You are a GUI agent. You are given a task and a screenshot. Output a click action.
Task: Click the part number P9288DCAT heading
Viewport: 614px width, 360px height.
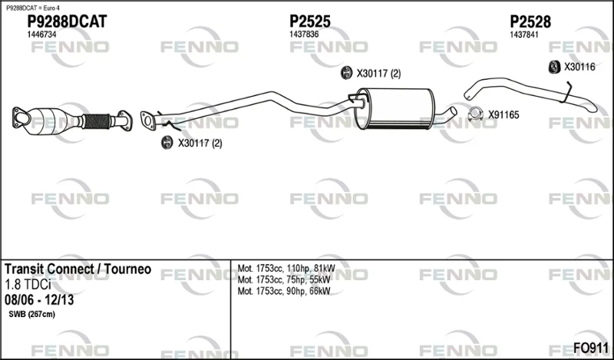point(67,21)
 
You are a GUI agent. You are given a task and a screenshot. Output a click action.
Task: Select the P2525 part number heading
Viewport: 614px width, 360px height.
point(310,21)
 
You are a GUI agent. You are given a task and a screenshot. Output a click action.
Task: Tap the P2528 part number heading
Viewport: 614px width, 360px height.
point(530,21)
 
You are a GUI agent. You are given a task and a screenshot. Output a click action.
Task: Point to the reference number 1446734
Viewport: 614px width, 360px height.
point(41,35)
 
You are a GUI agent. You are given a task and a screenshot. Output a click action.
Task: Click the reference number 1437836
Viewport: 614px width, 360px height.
point(304,35)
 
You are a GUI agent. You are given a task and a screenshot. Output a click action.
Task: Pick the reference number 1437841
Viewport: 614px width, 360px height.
point(524,35)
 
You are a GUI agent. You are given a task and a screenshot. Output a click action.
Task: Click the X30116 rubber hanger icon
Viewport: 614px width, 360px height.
point(554,67)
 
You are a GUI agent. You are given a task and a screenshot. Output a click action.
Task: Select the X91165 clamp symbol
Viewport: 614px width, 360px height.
point(475,113)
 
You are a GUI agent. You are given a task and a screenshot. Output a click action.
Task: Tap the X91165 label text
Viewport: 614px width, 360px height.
point(503,115)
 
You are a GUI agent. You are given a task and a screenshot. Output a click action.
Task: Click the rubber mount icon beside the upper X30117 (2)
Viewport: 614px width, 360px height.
point(346,73)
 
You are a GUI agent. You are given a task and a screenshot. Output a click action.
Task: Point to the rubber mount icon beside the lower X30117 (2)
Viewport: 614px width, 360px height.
point(167,143)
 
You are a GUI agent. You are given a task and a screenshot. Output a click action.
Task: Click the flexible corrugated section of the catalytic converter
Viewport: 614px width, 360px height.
point(97,121)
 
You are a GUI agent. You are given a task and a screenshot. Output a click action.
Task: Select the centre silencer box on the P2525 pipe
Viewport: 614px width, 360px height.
point(394,109)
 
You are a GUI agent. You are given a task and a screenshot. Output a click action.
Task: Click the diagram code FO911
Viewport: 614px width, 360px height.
point(590,348)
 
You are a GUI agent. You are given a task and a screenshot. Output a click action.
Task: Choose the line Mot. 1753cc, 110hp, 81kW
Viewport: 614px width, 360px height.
point(286,269)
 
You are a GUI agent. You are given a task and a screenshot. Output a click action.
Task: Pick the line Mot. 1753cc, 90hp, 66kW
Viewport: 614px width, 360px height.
point(284,291)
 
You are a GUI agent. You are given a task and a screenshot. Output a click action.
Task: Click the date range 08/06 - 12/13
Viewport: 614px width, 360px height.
point(39,300)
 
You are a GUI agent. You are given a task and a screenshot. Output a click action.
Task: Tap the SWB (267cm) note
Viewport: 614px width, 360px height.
point(31,314)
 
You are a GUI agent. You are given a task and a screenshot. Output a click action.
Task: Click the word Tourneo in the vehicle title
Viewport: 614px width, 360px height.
point(128,269)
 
